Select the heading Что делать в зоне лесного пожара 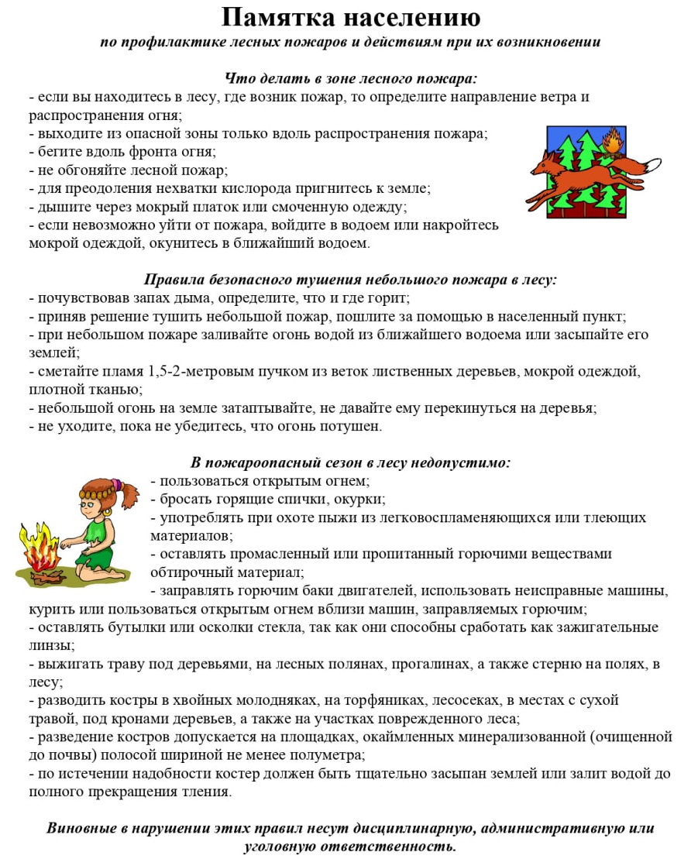[350, 79]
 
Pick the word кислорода [256, 187]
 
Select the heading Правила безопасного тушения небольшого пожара [350, 280]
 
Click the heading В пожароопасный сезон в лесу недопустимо [350, 462]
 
